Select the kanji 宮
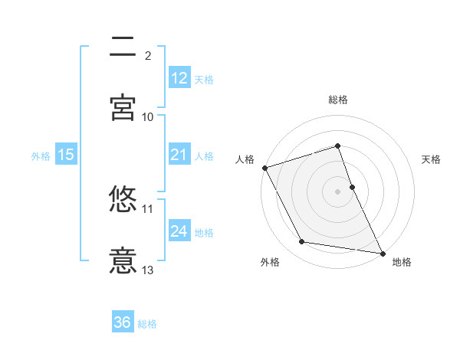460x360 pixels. point(123,107)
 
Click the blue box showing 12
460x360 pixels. point(179,78)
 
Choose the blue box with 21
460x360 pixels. point(179,155)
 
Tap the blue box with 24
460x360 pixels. point(179,231)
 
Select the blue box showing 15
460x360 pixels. point(66,155)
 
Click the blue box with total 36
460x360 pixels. point(123,322)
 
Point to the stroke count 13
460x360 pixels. point(148,270)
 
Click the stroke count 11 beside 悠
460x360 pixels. point(148,208)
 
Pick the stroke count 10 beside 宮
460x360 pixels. point(148,116)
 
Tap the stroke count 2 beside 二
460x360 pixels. point(148,55)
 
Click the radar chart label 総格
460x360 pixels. point(338,100)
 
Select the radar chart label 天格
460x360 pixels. point(432,159)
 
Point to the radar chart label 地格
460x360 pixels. point(402,263)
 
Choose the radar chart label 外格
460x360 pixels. point(270,263)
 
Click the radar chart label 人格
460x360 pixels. point(245,159)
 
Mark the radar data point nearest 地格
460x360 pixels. point(382,252)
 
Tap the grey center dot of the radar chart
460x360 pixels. point(338,191)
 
